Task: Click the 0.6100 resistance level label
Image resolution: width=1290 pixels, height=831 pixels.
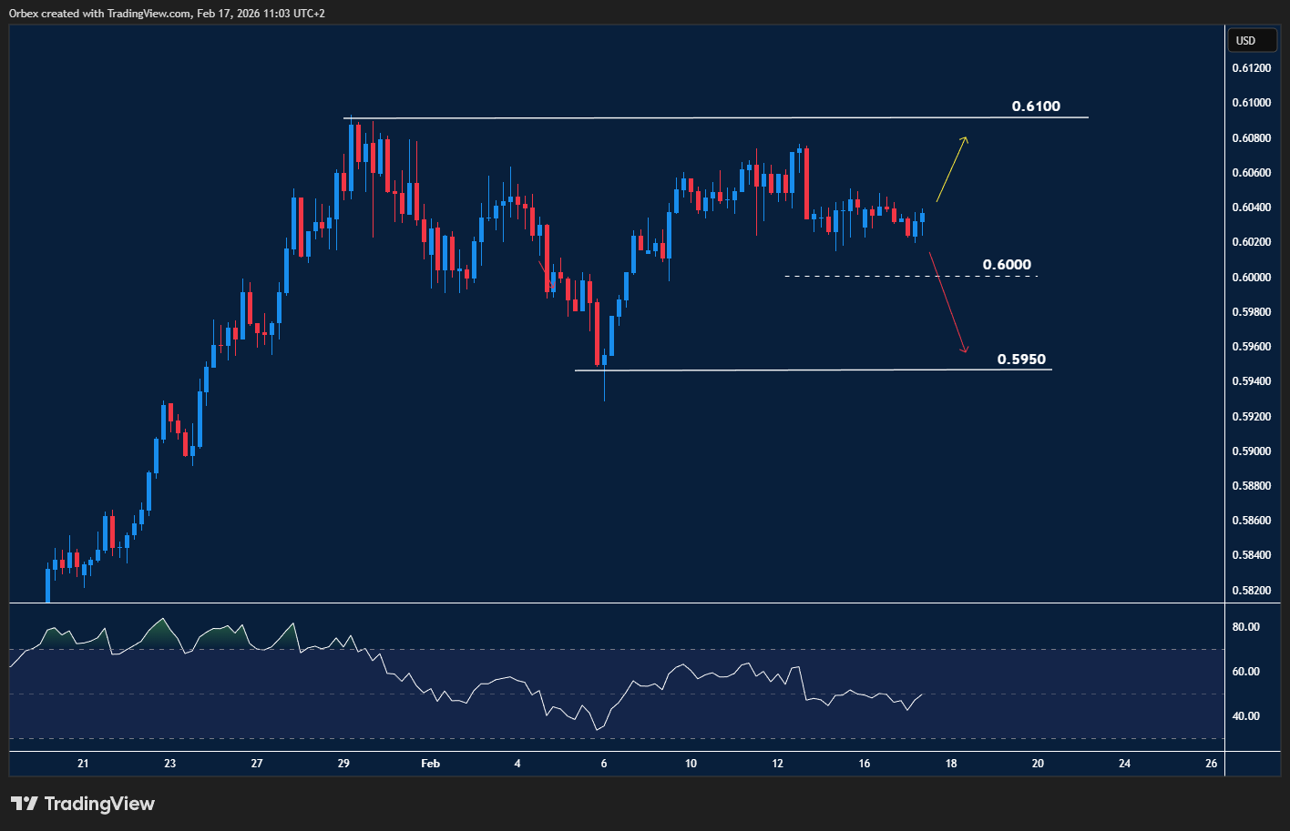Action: point(1036,106)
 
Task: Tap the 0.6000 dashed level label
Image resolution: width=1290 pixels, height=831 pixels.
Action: point(1007,265)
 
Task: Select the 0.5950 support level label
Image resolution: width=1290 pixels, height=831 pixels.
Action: point(1021,360)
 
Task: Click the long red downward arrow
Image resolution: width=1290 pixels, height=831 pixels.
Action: point(947,303)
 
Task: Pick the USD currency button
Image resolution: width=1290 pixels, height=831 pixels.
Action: point(1245,40)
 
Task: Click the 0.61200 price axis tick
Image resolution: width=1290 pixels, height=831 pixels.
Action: point(1251,68)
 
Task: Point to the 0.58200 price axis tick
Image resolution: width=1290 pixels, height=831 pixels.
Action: point(1251,590)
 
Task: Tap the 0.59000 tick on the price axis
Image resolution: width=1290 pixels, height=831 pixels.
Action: point(1251,451)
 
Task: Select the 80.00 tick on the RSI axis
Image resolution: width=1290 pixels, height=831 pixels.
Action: point(1245,627)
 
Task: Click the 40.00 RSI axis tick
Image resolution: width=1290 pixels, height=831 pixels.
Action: point(1245,716)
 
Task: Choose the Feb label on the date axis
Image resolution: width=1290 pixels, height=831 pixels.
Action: point(430,764)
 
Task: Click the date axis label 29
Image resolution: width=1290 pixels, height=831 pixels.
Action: point(343,764)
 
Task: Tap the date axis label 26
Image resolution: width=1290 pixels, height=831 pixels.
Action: point(1211,764)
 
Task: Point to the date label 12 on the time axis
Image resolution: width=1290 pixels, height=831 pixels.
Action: point(777,764)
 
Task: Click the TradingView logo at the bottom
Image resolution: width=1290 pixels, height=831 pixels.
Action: point(83,804)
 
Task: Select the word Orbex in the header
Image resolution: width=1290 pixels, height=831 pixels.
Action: point(23,14)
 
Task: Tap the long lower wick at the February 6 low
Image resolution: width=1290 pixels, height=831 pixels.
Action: point(604,385)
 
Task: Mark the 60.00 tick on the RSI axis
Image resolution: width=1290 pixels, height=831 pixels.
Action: point(1245,672)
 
